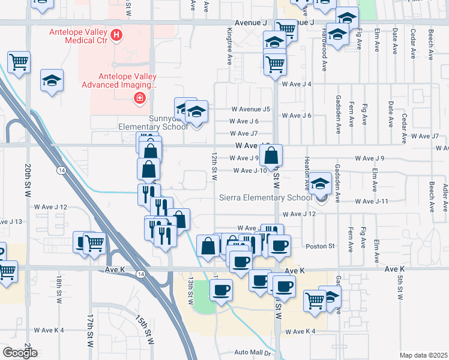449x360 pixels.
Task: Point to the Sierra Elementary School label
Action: pos(274,197)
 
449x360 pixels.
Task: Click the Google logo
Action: pos(20,353)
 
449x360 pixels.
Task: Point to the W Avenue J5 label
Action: pos(252,109)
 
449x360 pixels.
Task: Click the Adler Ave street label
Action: pos(445,199)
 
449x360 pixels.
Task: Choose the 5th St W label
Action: pos(399,289)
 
